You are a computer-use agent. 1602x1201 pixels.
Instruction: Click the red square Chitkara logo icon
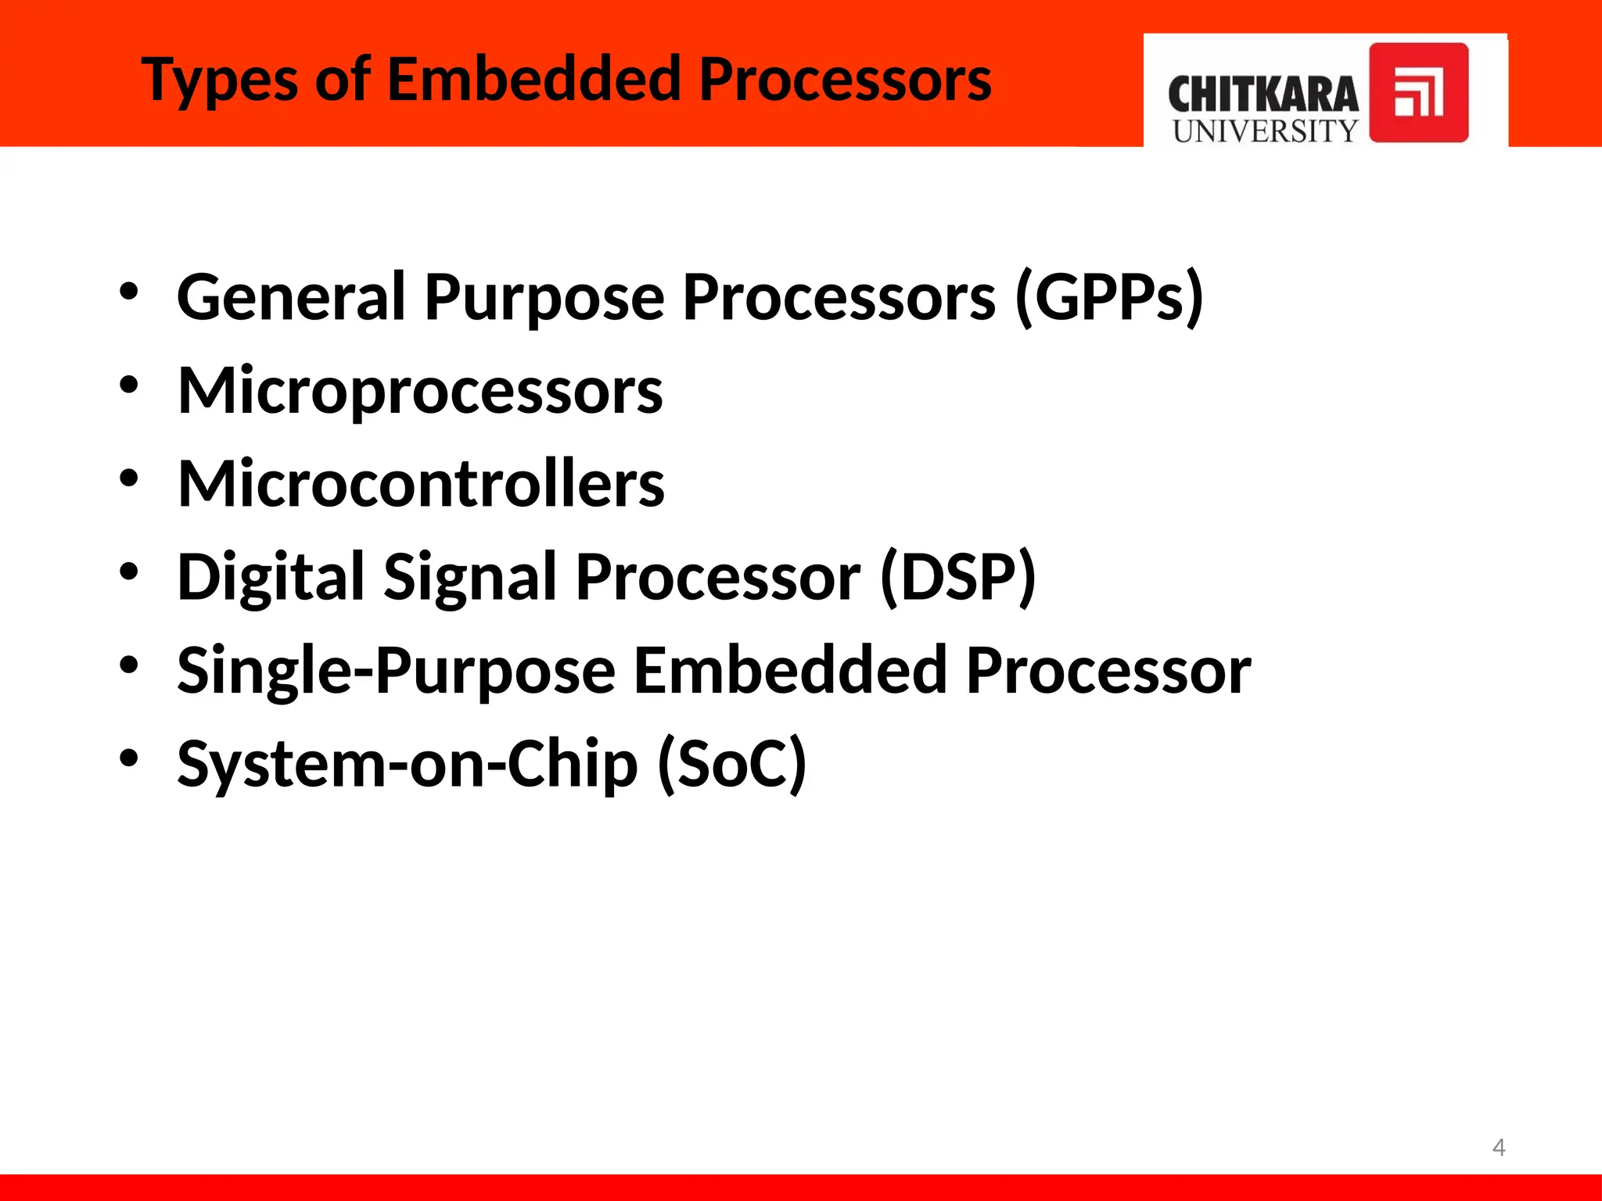1418,92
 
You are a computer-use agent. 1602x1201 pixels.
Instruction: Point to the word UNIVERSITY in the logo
1265,131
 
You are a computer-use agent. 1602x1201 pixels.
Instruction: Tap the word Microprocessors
420,390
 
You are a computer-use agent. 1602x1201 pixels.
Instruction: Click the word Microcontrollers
421,483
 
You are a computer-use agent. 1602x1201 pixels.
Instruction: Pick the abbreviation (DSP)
957,577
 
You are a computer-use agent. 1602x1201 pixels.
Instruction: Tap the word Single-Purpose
396,670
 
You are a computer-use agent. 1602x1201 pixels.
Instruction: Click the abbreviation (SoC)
731,763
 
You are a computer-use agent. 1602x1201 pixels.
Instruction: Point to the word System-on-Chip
407,763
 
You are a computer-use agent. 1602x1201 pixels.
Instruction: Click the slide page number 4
1498,1147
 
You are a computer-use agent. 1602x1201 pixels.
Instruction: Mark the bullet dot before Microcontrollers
129,479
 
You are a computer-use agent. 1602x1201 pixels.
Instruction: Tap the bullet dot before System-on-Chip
129,758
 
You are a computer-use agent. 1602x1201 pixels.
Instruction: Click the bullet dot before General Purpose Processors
129,292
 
